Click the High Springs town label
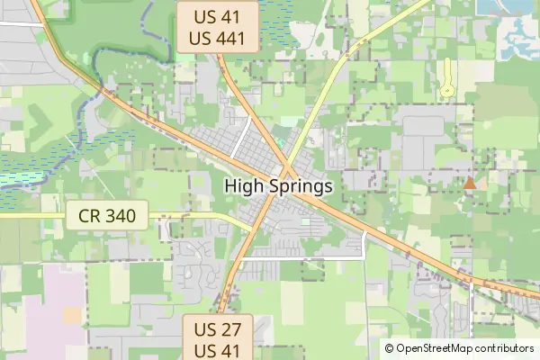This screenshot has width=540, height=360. pos(278,186)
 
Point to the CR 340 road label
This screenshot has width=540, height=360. pos(107,216)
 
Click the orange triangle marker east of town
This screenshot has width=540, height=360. pos(470,184)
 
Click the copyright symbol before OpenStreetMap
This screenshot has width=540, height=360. pos(390,347)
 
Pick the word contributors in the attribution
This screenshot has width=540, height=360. pos(505,347)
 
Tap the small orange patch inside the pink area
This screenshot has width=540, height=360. pos(72,314)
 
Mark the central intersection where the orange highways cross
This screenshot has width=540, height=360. pos(286,173)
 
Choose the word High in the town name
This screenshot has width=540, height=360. pos(243,186)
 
